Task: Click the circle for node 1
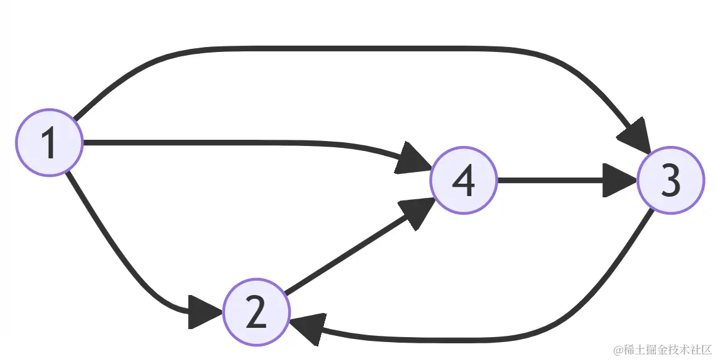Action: tap(49, 143)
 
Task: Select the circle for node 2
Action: tap(256, 312)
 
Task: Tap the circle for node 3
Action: tap(670, 181)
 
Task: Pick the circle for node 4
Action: tap(464, 181)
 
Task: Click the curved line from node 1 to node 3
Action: tap(359, 48)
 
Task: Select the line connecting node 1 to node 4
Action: tap(247, 143)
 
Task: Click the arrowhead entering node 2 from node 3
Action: tap(309, 329)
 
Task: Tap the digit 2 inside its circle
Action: tap(256, 313)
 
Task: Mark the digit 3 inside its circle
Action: tap(670, 181)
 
